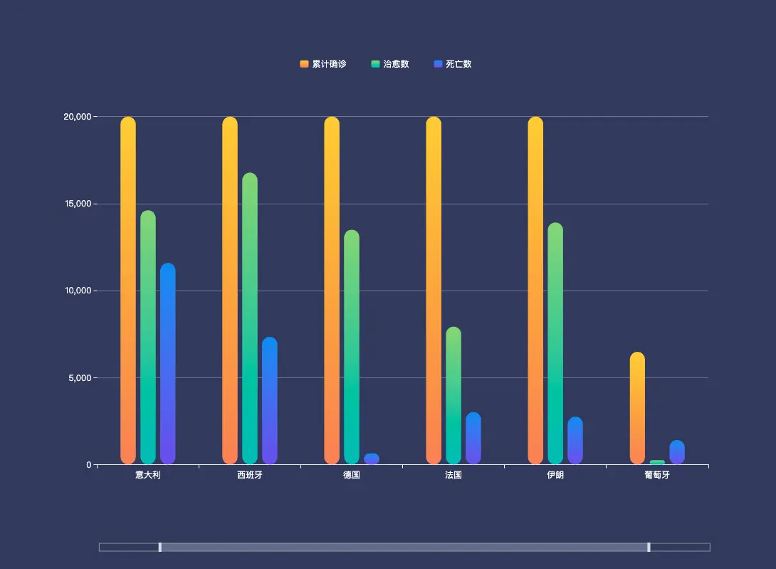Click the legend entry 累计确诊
click(x=323, y=64)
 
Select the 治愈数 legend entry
click(x=390, y=64)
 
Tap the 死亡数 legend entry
click(x=453, y=64)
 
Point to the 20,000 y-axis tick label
click(x=78, y=117)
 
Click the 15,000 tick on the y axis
click(x=78, y=204)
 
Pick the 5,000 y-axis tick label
click(x=80, y=378)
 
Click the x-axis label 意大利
click(x=148, y=475)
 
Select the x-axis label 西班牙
click(x=250, y=475)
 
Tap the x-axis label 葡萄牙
click(x=657, y=475)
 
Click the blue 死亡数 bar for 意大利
click(x=168, y=364)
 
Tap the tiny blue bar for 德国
click(x=372, y=459)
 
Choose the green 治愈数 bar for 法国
click(x=453, y=396)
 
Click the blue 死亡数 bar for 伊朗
click(x=575, y=441)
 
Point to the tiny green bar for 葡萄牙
click(x=657, y=462)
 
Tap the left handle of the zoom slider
click(x=160, y=547)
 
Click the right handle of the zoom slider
click(x=649, y=547)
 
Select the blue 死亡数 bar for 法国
click(x=473, y=439)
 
